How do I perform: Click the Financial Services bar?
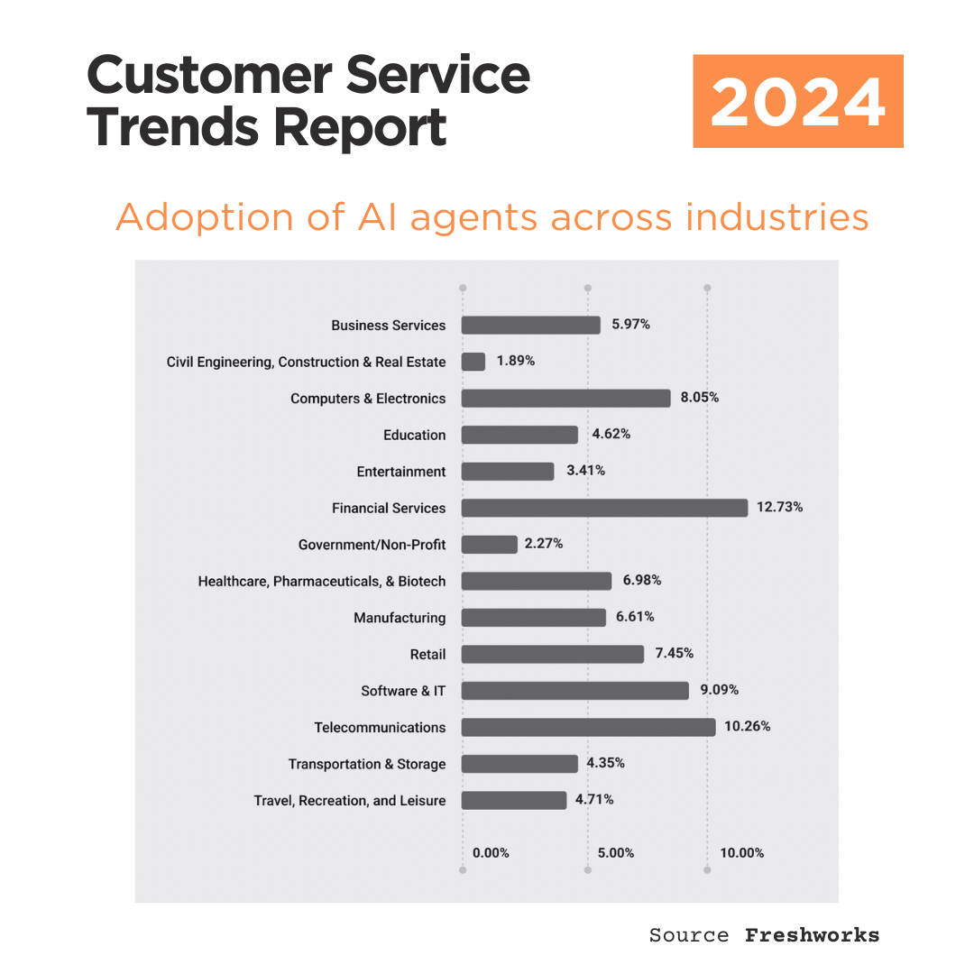[x=604, y=508]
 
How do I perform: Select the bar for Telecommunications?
[x=588, y=727]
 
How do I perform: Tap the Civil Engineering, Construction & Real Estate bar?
[x=473, y=362]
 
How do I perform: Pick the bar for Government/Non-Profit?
[x=490, y=545]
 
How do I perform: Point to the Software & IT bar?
[x=575, y=691]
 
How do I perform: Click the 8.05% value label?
[x=700, y=398]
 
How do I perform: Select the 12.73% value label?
[x=779, y=507]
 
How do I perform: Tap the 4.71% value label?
[x=595, y=799]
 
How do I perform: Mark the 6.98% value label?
[x=642, y=580]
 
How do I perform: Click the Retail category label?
[x=427, y=654]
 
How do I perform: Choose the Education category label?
[x=414, y=435]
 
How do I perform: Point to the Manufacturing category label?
[x=400, y=618]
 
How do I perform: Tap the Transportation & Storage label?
[x=367, y=764]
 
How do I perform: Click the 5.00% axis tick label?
[x=616, y=853]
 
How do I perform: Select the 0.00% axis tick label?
[x=491, y=853]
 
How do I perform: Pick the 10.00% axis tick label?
[x=741, y=853]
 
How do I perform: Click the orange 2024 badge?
[x=797, y=101]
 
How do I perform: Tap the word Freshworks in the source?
[x=812, y=935]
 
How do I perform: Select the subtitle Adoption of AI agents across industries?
[x=492, y=217]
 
